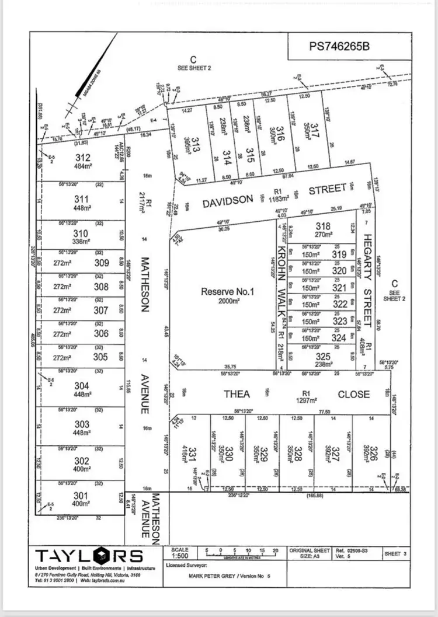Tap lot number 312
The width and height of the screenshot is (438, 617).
[84, 158]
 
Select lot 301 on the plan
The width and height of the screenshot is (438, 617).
[82, 497]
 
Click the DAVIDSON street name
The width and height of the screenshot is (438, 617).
[228, 201]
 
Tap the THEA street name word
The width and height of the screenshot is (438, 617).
[237, 394]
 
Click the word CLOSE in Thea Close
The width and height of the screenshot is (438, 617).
[354, 394]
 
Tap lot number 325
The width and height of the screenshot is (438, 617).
[323, 357]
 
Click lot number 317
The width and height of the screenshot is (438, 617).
[315, 131]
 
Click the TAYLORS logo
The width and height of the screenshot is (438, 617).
[88, 556]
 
